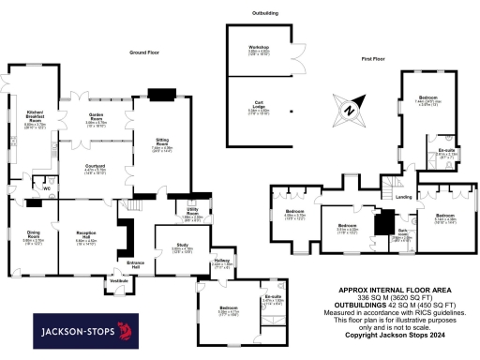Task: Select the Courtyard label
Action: click(97, 168)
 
